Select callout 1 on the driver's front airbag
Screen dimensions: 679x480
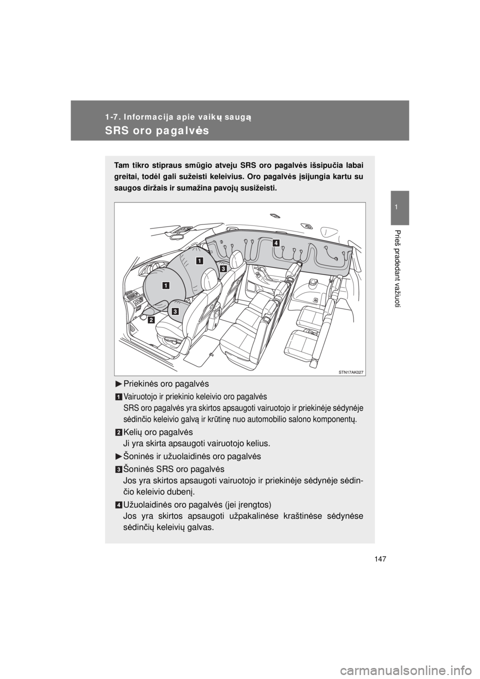coord(165,285)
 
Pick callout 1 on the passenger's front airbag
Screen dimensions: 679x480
coord(199,260)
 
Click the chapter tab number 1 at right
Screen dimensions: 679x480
coord(398,207)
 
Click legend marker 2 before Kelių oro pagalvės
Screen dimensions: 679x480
coord(116,432)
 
